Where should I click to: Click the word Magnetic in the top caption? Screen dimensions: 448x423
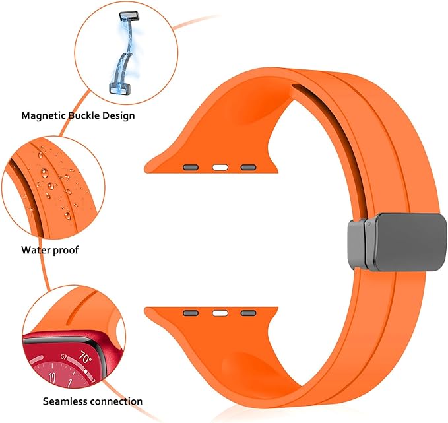45,115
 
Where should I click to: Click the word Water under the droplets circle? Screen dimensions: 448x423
36,250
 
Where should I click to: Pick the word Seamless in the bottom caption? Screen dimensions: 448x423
65,401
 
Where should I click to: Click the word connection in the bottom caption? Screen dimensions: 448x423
116,401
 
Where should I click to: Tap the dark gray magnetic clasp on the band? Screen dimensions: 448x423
397,242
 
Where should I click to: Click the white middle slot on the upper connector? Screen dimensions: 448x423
220,168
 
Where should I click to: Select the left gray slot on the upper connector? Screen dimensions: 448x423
191,167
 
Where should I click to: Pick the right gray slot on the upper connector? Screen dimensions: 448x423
248,167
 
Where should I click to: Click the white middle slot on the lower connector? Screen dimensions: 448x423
220,313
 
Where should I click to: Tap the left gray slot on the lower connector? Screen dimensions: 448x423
191,313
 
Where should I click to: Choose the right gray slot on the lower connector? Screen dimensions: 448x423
248,313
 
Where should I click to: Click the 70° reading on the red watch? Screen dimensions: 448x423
85,358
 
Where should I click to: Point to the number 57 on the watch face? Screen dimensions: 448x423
64,356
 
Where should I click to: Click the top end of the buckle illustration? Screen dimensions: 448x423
128,16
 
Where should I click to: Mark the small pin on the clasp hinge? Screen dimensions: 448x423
369,224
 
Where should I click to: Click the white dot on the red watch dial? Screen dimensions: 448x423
86,371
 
